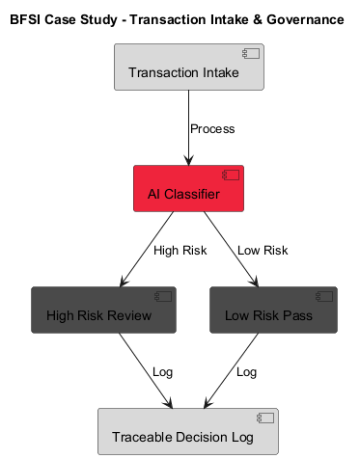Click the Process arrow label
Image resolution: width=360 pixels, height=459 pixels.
pyautogui.click(x=212, y=129)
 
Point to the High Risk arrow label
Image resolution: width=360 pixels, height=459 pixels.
pyautogui.click(x=180, y=251)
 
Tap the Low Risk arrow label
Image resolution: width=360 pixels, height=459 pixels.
pyautogui.click(x=263, y=251)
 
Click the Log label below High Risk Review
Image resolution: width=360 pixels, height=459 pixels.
pyautogui.click(x=163, y=372)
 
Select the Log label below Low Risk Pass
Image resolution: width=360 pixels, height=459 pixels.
pyautogui.click(x=247, y=372)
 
